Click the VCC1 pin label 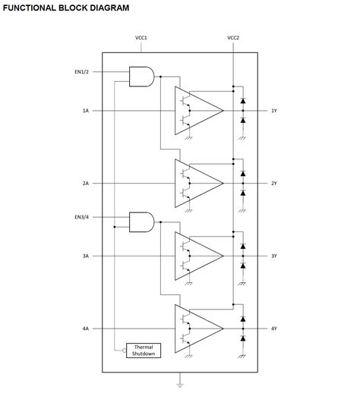tap(141, 38)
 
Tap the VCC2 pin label tap(233, 38)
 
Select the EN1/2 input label tap(82, 72)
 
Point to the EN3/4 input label tap(82, 217)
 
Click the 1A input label tap(86, 111)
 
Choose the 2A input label tap(86, 184)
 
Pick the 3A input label tap(86, 256)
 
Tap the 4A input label tap(86, 329)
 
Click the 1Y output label tap(274, 111)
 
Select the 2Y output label tap(274, 184)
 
